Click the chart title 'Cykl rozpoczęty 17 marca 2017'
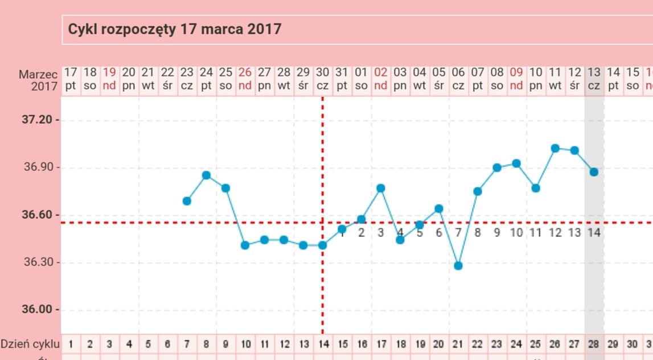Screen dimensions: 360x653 tap(175, 29)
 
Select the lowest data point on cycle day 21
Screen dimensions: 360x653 tap(458, 265)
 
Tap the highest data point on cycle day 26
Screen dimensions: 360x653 tap(555, 148)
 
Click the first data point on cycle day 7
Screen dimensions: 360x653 tap(187, 201)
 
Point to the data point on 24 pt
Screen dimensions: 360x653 tap(206, 175)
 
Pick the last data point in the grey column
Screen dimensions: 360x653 tap(594, 171)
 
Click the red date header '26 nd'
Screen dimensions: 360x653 tap(245, 79)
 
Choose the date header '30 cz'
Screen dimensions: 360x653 tap(322, 79)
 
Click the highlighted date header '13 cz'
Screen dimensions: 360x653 tap(594, 79)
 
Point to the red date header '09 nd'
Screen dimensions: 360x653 tap(516, 79)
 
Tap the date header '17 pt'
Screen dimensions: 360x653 tap(71, 79)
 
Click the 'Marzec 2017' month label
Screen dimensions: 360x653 tap(39, 80)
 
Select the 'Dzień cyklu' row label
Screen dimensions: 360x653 tap(30, 343)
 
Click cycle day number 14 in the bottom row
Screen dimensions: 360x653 tap(322, 344)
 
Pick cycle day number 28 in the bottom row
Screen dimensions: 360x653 tap(594, 344)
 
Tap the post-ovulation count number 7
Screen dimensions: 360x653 tap(458, 232)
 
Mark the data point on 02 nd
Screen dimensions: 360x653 tap(381, 188)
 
